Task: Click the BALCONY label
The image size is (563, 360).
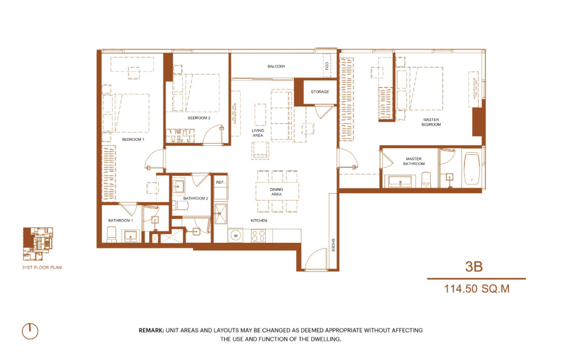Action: pyautogui.click(x=276, y=66)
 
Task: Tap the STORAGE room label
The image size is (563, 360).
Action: pyautogui.click(x=320, y=92)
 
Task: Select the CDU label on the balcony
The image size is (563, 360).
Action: pyautogui.click(x=327, y=66)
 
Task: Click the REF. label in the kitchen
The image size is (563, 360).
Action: pyautogui.click(x=220, y=183)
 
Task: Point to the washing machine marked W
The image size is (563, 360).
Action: pyautogui.click(x=236, y=235)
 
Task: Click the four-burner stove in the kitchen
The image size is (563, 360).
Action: pyautogui.click(x=258, y=235)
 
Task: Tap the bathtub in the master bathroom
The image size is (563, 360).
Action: pyautogui.click(x=471, y=169)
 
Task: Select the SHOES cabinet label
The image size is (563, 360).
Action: pyautogui.click(x=333, y=245)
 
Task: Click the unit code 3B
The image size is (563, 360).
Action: pyautogui.click(x=474, y=266)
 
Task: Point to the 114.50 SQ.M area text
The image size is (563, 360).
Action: pyautogui.click(x=477, y=289)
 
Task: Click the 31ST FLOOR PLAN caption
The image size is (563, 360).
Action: pyautogui.click(x=42, y=268)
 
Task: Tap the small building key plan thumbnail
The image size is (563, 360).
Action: pyautogui.click(x=38, y=243)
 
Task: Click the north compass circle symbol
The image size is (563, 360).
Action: pyautogui.click(x=30, y=331)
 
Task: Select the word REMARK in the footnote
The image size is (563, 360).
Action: pyautogui.click(x=151, y=330)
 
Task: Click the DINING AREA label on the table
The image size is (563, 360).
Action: pyautogui.click(x=276, y=192)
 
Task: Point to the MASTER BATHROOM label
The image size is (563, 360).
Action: pyautogui.click(x=414, y=161)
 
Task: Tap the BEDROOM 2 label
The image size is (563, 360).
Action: pyautogui.click(x=199, y=118)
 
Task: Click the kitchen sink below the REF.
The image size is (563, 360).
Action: pyautogui.click(x=220, y=214)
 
